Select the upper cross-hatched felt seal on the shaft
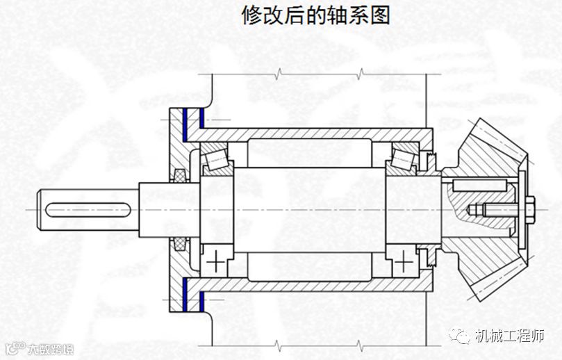[179, 177]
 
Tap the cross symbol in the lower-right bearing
[404, 261]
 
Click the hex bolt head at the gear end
[530, 208]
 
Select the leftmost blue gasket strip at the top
[185, 123]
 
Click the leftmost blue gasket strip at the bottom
[185, 294]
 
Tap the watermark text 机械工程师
[509, 337]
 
